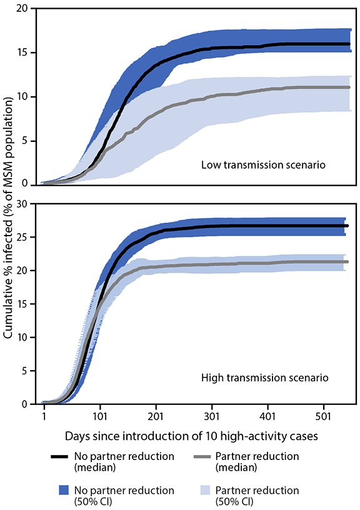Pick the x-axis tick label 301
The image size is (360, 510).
[212, 415]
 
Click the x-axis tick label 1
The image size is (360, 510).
[44, 415]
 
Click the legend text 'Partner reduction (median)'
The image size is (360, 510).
[265, 461]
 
